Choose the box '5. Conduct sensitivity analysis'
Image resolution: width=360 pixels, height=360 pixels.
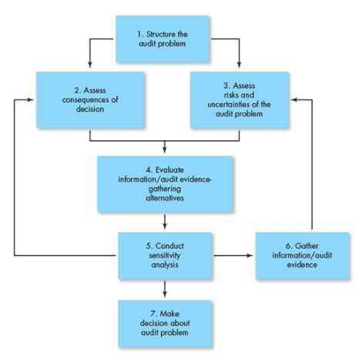click(x=164, y=255)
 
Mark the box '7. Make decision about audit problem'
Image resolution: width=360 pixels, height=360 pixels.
click(x=164, y=324)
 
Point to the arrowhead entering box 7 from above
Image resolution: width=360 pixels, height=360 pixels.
click(x=164, y=297)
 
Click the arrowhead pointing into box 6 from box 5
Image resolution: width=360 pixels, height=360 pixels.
click(x=251, y=255)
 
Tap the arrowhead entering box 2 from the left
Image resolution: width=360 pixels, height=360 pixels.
click(x=30, y=98)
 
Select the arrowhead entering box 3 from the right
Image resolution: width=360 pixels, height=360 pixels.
click(x=294, y=98)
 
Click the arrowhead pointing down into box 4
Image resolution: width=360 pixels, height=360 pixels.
click(x=164, y=151)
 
